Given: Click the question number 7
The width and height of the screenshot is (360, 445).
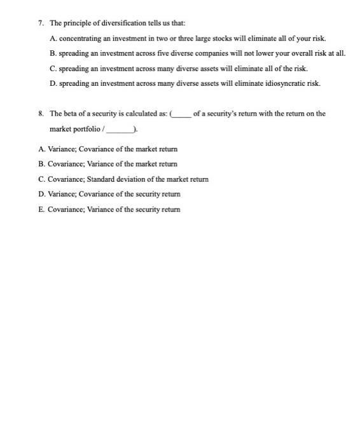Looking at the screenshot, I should (x=40, y=23).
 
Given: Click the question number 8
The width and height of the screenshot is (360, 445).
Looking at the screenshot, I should (x=40, y=114).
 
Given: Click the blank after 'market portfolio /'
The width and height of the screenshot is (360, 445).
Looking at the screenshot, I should (x=120, y=130).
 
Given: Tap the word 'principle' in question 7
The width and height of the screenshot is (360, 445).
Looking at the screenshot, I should (x=78, y=23).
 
